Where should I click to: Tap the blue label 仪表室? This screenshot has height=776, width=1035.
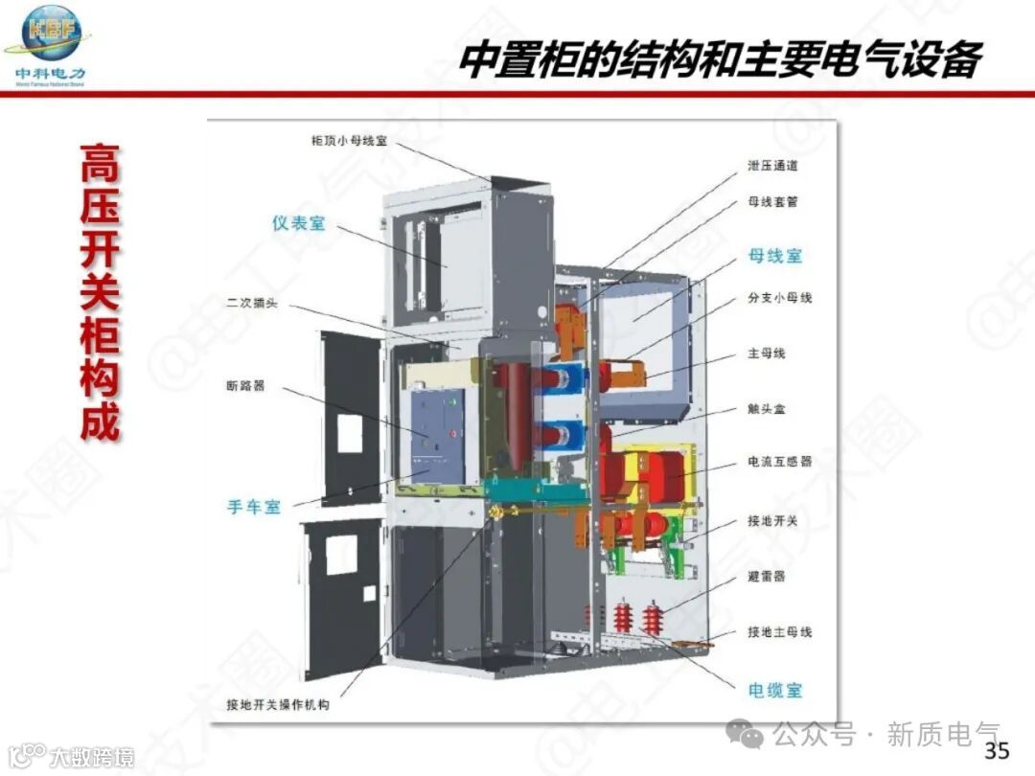(x=299, y=223)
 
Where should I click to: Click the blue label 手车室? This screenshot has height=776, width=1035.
(x=254, y=507)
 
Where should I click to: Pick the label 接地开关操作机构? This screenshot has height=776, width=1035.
(x=278, y=705)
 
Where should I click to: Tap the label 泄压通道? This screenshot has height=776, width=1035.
(x=772, y=165)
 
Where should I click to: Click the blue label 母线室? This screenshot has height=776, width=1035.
(x=775, y=256)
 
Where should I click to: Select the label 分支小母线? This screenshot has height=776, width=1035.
(x=779, y=298)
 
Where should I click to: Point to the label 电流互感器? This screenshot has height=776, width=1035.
(x=779, y=462)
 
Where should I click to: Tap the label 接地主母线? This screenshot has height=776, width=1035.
(x=779, y=632)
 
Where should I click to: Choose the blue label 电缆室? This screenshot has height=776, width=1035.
(x=775, y=690)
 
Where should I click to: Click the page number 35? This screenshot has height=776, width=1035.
(x=997, y=750)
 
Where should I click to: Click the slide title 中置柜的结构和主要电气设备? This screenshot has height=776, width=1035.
(x=720, y=60)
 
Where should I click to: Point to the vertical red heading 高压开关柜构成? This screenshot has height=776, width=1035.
(x=100, y=292)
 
